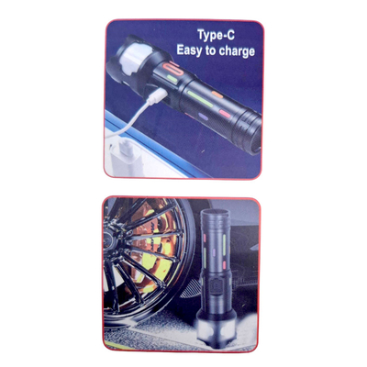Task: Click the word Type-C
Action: tap(218, 37)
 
